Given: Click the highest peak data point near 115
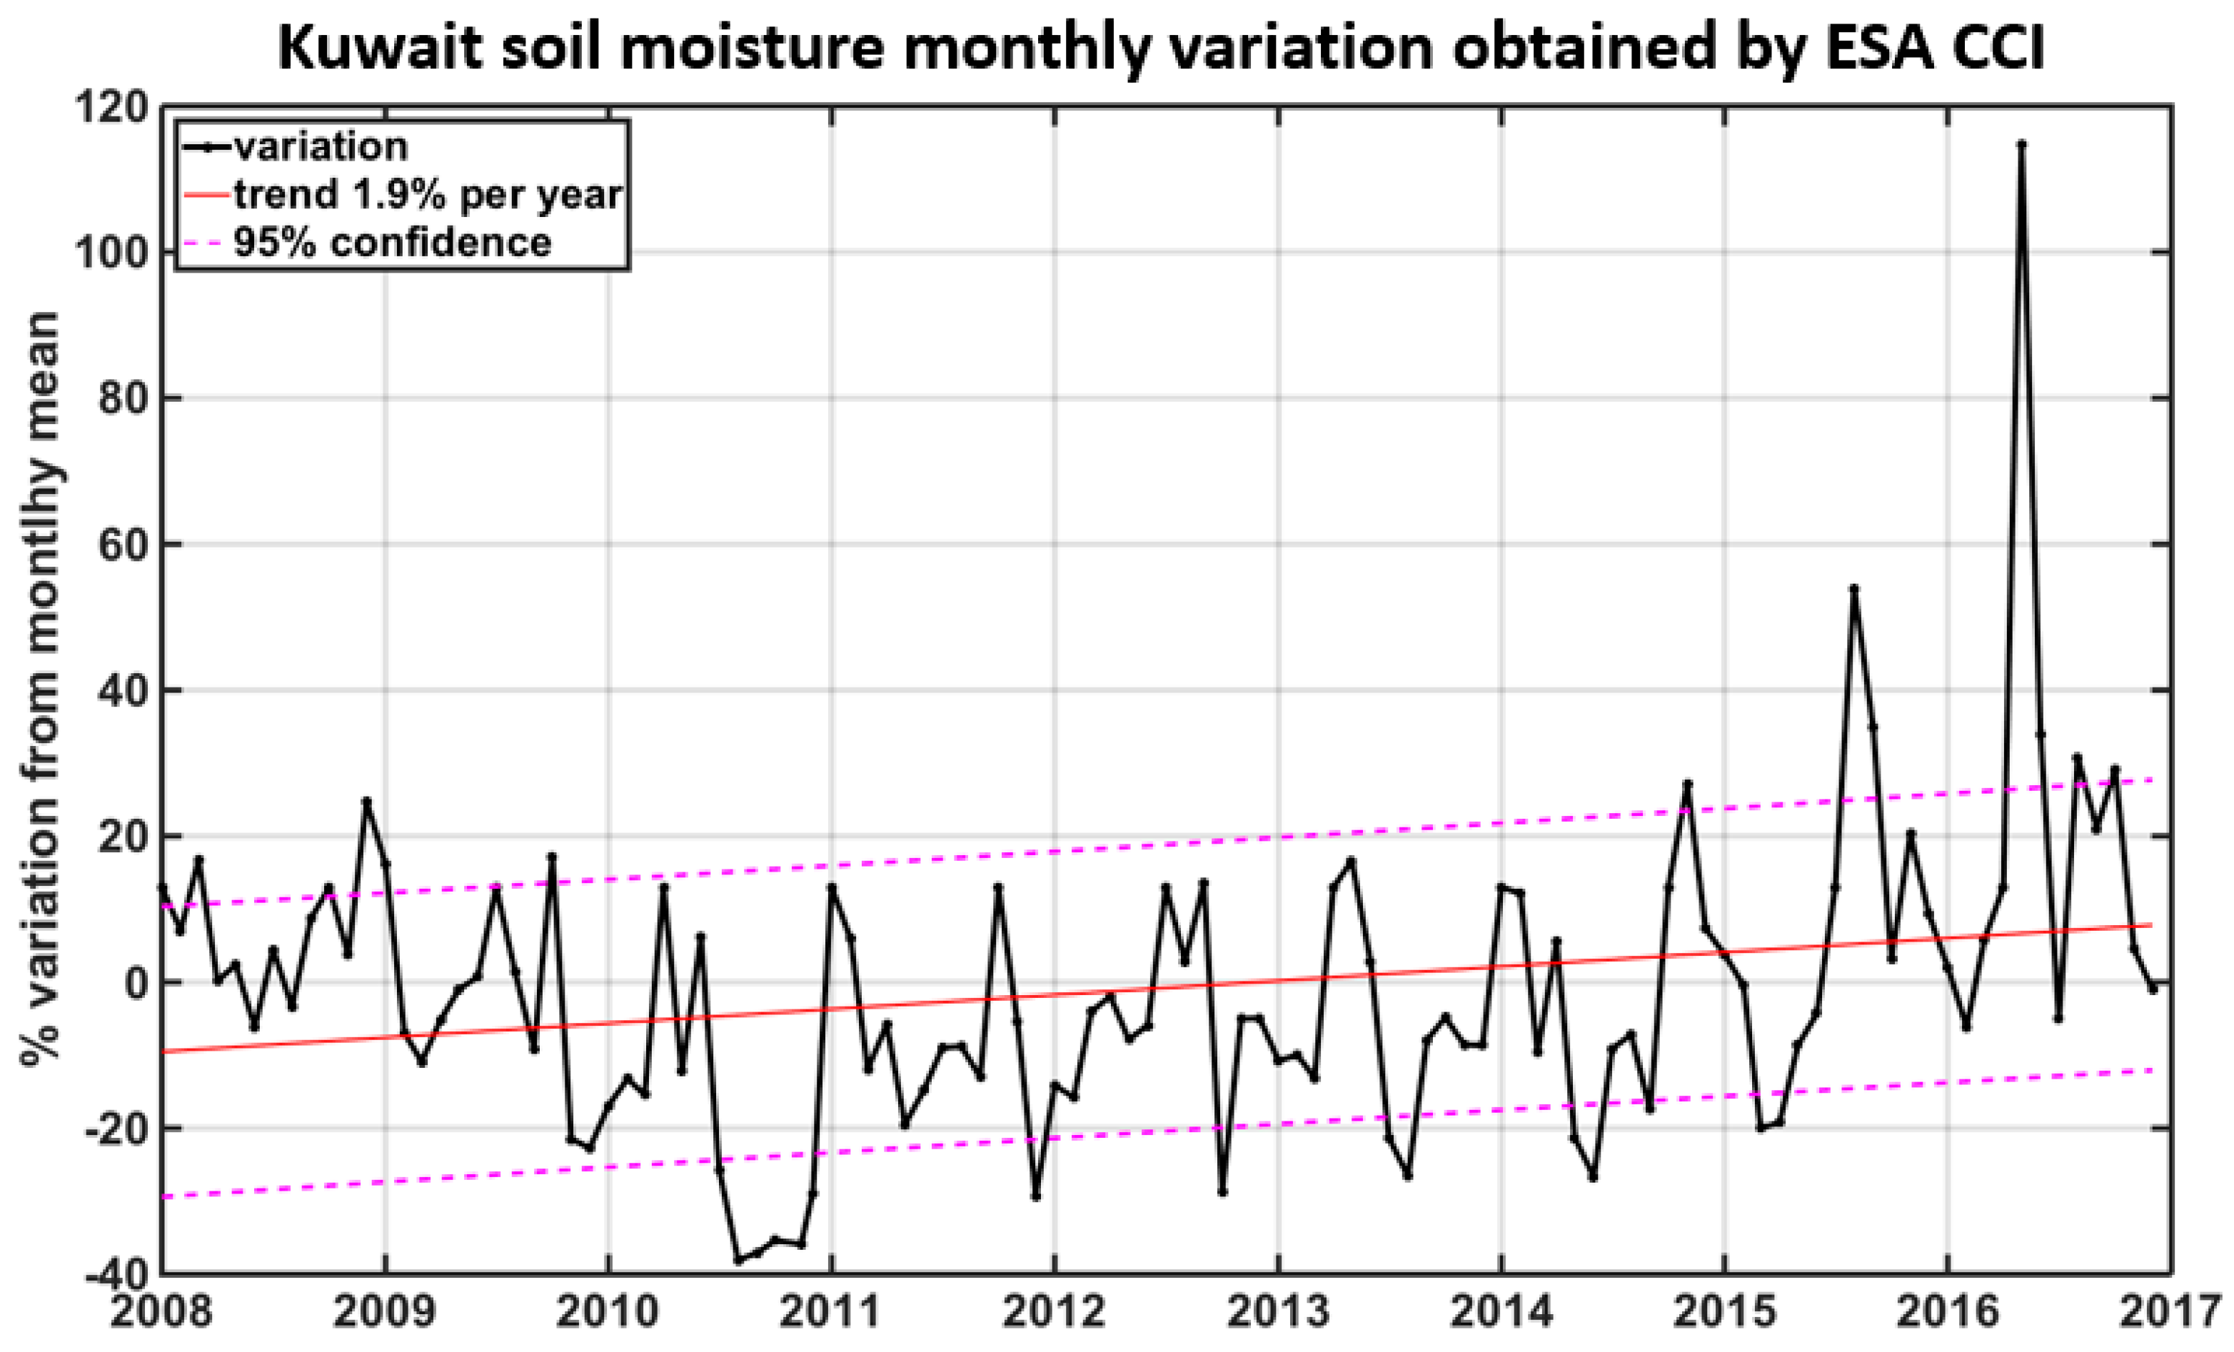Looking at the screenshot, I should [x=2021, y=143].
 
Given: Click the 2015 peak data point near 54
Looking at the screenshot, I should [x=1854, y=588].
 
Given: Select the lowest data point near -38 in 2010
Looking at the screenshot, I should [x=738, y=1261].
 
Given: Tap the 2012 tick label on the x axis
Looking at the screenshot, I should [x=1055, y=1313].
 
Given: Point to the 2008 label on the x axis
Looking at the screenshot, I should [x=161, y=1313].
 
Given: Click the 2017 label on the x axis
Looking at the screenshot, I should [x=2170, y=1313].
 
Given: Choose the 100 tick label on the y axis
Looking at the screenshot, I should [x=111, y=252].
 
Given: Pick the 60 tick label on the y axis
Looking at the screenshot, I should [x=122, y=545].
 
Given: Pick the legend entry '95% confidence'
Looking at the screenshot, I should [x=393, y=242].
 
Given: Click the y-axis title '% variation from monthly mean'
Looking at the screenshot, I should [x=41, y=689].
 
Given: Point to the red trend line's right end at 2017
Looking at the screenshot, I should [x=2150, y=926].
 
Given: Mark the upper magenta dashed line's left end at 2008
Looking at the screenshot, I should [x=165, y=906].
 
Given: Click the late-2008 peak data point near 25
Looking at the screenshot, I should [x=366, y=801].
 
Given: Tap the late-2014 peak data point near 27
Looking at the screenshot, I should [x=1687, y=782].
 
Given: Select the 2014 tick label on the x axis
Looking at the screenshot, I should [x=1501, y=1313].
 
